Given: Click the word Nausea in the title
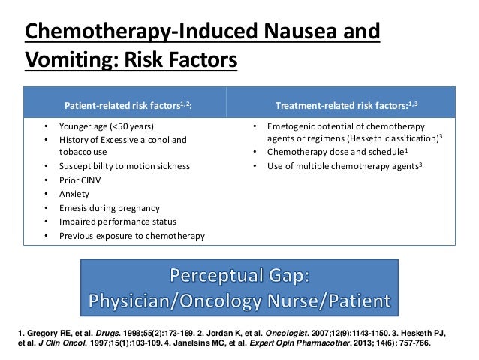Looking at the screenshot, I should coord(297,33).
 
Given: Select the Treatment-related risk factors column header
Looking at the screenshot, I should coord(346,104).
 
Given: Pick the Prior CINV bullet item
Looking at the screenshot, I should coord(80,180).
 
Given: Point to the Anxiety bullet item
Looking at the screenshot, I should coord(74,193).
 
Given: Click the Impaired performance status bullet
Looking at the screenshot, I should coord(118,222).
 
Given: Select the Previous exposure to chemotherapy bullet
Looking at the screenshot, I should coord(131,236).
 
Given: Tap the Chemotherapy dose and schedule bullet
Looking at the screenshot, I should coord(331,151).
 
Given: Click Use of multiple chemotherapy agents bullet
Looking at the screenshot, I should coord(342,165).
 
